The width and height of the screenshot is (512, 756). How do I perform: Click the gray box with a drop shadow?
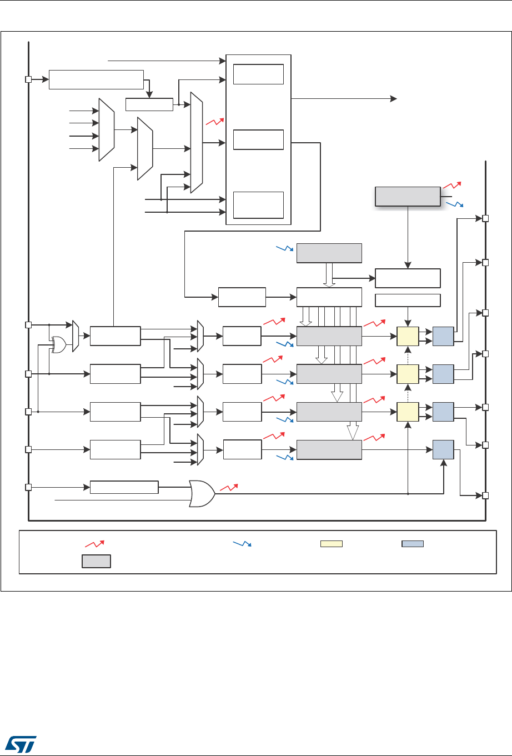coord(408,196)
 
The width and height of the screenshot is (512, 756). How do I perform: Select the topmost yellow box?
coord(408,337)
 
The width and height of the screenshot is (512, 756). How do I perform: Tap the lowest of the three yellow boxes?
coord(408,412)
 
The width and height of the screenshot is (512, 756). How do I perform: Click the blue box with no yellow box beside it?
coord(443,449)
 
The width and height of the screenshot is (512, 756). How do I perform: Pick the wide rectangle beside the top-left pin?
coord(97,79)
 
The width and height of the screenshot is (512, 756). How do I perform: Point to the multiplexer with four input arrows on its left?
coord(107,130)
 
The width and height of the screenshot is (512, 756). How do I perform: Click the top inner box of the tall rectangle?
coord(259,74)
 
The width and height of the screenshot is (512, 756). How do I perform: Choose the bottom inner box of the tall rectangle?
coord(259,206)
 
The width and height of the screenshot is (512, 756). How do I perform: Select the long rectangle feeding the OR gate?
coord(124,488)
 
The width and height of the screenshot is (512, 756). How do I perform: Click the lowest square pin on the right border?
coord(485,495)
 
